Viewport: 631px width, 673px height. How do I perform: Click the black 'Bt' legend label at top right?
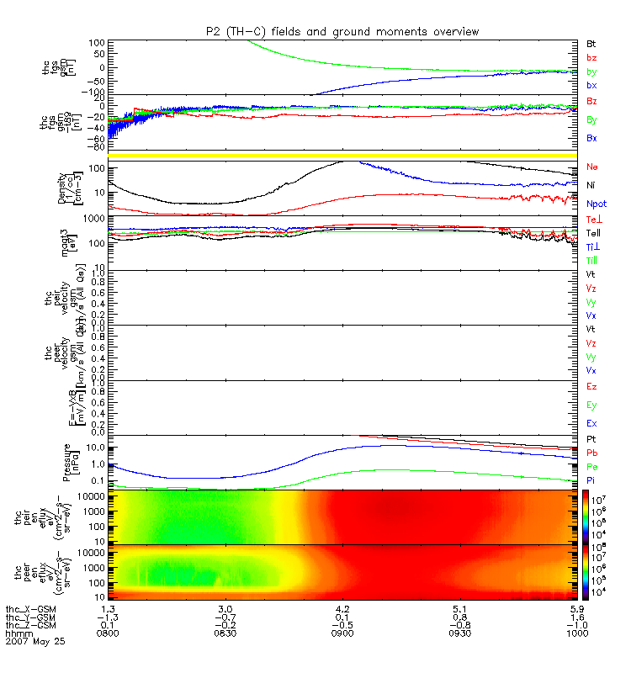591,43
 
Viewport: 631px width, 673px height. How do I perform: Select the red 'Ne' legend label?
591,167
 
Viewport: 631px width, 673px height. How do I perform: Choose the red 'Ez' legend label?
591,386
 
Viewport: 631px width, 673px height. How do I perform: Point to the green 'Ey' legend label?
591,405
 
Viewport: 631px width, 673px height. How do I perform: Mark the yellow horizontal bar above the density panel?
342,156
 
